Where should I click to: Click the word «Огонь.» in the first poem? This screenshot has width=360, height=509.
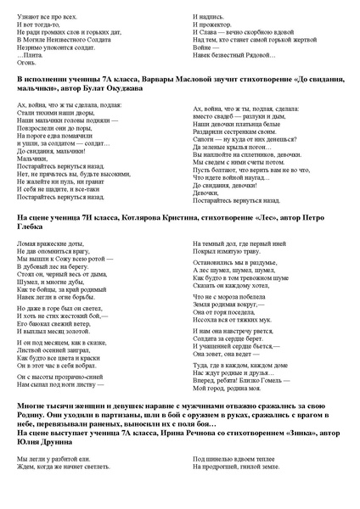coord(26,60)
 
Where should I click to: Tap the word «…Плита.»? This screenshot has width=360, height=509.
coord(31,53)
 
